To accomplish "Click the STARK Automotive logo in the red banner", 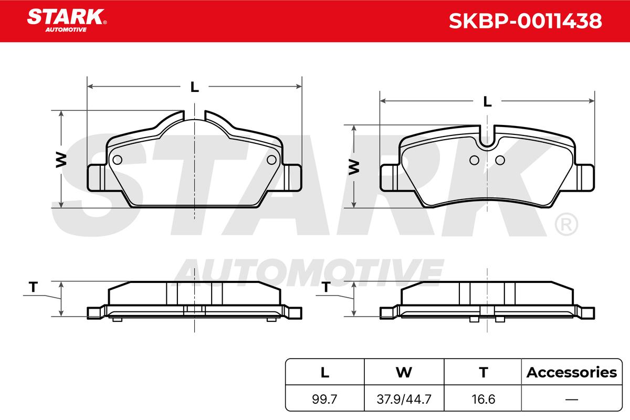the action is pyautogui.click(x=67, y=20).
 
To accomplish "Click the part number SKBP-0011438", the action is pyautogui.click(x=525, y=21).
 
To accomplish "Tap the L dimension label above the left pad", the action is pyautogui.click(x=195, y=87).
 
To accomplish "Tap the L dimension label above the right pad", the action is pyautogui.click(x=487, y=101).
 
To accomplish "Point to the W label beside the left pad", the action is pyautogui.click(x=61, y=160).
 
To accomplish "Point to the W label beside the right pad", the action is pyautogui.click(x=354, y=167).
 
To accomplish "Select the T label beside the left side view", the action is pyautogui.click(x=33, y=287).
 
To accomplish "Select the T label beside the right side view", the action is pyautogui.click(x=326, y=287).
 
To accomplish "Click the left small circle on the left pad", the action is pyautogui.click(x=117, y=160).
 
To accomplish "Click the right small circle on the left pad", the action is pyautogui.click(x=271, y=160).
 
